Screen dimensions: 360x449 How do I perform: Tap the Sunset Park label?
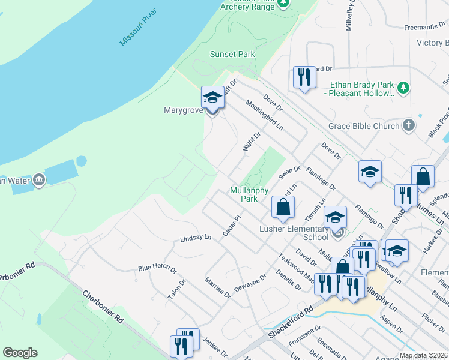pos(232,54)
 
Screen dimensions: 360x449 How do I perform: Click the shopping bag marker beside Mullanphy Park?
pos(283,207)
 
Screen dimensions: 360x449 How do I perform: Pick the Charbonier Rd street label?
pos(103,307)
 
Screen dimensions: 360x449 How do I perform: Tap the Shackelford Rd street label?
pos(292,323)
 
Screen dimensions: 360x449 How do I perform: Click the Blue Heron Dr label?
pos(157,268)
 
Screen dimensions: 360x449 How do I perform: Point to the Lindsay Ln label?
pos(196,238)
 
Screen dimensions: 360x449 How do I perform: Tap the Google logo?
pos(20,353)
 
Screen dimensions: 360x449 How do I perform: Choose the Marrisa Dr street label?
pos(217,287)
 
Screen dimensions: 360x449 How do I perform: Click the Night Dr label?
pos(252,142)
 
